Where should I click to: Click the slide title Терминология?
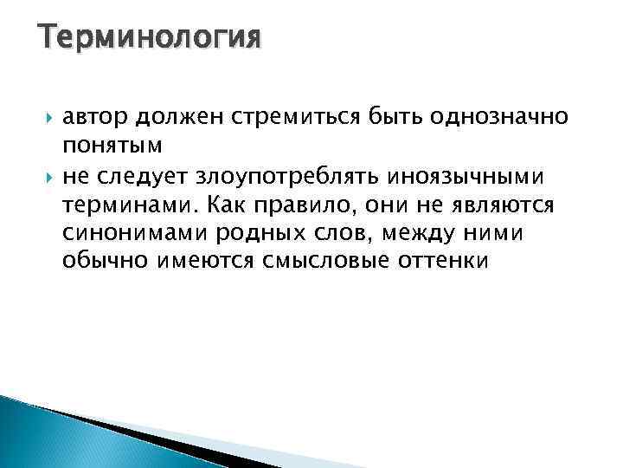click(149, 39)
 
